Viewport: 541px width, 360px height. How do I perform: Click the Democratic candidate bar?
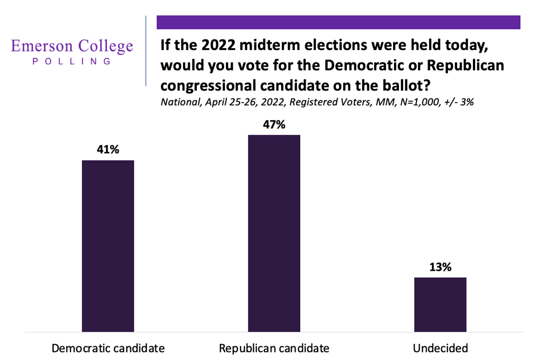tap(108, 246)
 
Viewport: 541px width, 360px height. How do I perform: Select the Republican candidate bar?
tap(274, 233)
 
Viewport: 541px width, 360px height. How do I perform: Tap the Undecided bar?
tap(440, 305)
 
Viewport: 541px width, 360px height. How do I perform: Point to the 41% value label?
tap(108, 150)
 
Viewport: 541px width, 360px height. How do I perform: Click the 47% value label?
tap(274, 124)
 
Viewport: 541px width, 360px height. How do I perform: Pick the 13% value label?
tap(440, 267)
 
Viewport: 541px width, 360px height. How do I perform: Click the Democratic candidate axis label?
tap(108, 348)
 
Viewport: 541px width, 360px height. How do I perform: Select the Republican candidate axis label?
tap(274, 348)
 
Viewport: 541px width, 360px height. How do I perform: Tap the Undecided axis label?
tap(440, 348)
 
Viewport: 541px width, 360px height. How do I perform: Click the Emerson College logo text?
tap(72, 46)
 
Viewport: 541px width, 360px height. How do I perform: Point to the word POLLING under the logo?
tap(72, 61)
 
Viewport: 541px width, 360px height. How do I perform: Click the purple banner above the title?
tap(339, 22)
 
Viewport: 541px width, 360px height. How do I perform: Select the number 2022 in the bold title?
tap(219, 45)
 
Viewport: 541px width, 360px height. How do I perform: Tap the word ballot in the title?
tap(403, 86)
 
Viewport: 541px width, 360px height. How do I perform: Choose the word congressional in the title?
tap(208, 86)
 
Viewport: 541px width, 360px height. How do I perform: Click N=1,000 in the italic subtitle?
tap(419, 102)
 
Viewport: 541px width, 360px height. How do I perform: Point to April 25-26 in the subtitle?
tap(231, 102)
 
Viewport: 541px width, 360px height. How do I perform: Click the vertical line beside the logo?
tap(146, 51)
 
